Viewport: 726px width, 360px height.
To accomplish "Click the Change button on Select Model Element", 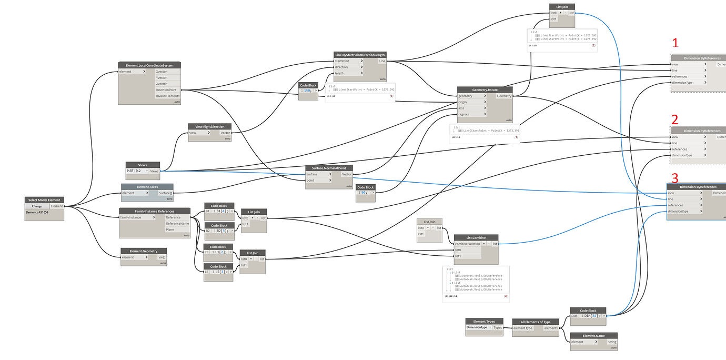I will (37, 206).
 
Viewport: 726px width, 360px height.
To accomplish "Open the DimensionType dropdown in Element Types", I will (479, 327).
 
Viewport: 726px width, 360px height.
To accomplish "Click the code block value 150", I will (307, 91).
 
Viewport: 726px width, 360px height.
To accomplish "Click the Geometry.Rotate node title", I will (485, 90).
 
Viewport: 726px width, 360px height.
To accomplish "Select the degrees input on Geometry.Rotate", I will (466, 114).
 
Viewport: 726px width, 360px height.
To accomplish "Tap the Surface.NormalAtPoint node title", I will (329, 168).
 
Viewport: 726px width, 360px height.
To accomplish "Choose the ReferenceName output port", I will (177, 223).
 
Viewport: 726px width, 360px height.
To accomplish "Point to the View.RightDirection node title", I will (210, 126).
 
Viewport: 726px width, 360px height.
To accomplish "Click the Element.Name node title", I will (593, 335).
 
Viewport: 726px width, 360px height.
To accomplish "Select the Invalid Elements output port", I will (167, 96).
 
